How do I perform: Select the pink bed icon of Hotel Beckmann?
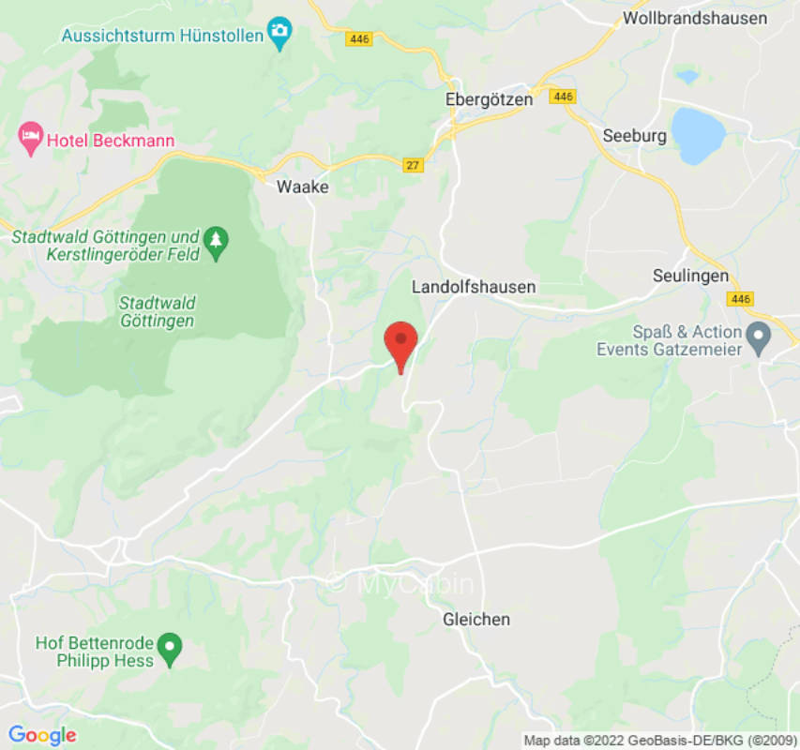31,140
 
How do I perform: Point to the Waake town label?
302,187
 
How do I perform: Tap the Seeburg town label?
635,136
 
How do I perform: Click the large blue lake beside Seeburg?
698,134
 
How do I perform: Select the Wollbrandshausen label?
695,18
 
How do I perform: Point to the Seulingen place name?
690,276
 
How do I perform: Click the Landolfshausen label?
474,287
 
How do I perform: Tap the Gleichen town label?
476,619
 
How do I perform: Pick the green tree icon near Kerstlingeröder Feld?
217,240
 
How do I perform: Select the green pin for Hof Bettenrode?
169,646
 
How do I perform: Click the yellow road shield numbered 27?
412,165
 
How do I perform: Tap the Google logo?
41,736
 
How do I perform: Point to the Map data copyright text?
659,741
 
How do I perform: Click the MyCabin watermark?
400,583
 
